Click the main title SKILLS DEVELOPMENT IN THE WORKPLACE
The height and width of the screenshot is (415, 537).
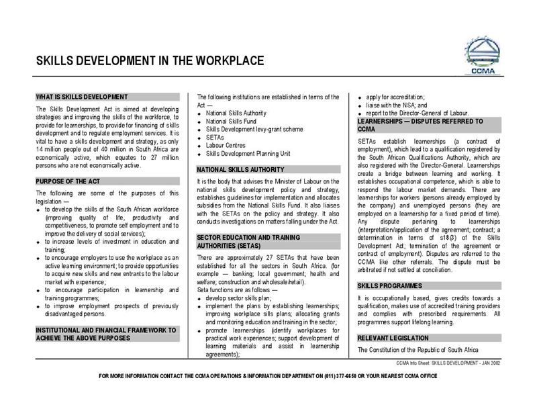tap(150, 62)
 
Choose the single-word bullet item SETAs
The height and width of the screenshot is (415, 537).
tap(215, 136)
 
